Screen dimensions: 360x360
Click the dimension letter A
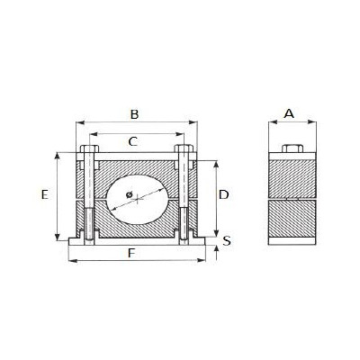coord(288,113)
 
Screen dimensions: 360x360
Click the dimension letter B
coord(134,114)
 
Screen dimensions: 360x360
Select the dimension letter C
coord(133,141)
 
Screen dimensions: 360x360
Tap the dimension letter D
coord(225,194)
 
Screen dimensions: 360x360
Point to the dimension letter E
coord(45,193)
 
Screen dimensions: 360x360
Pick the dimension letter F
coord(132,254)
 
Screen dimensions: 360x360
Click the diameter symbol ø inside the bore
coord(130,192)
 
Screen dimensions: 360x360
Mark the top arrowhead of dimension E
coord(58,156)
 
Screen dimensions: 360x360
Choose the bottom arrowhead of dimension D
coord(217,230)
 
